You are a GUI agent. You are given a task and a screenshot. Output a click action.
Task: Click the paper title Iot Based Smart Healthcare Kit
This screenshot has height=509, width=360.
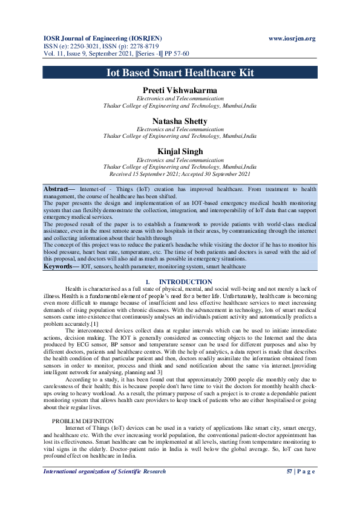(180, 73)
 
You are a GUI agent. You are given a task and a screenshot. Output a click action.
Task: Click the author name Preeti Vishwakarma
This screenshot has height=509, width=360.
(180, 90)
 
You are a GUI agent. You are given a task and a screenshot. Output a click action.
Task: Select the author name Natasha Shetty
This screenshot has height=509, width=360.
(180, 122)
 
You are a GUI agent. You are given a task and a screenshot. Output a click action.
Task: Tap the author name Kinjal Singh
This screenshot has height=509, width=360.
(180, 152)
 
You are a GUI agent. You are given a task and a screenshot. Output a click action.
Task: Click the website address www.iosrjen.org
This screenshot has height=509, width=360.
(292, 39)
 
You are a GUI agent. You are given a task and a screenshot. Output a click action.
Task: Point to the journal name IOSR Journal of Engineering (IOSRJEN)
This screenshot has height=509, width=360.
(102, 39)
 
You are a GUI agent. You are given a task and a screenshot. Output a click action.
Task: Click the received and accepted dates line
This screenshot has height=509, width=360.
(180, 174)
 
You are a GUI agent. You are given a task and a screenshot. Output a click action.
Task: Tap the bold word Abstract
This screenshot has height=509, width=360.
(57, 189)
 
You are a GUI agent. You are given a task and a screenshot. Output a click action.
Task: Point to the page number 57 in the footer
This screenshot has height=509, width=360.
(289, 471)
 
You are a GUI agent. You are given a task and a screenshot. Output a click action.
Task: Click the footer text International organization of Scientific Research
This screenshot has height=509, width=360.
(104, 471)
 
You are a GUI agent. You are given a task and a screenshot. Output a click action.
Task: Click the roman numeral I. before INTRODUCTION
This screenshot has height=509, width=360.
(148, 282)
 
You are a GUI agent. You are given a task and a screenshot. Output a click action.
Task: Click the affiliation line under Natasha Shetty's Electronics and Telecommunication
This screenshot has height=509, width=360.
(180, 136)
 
